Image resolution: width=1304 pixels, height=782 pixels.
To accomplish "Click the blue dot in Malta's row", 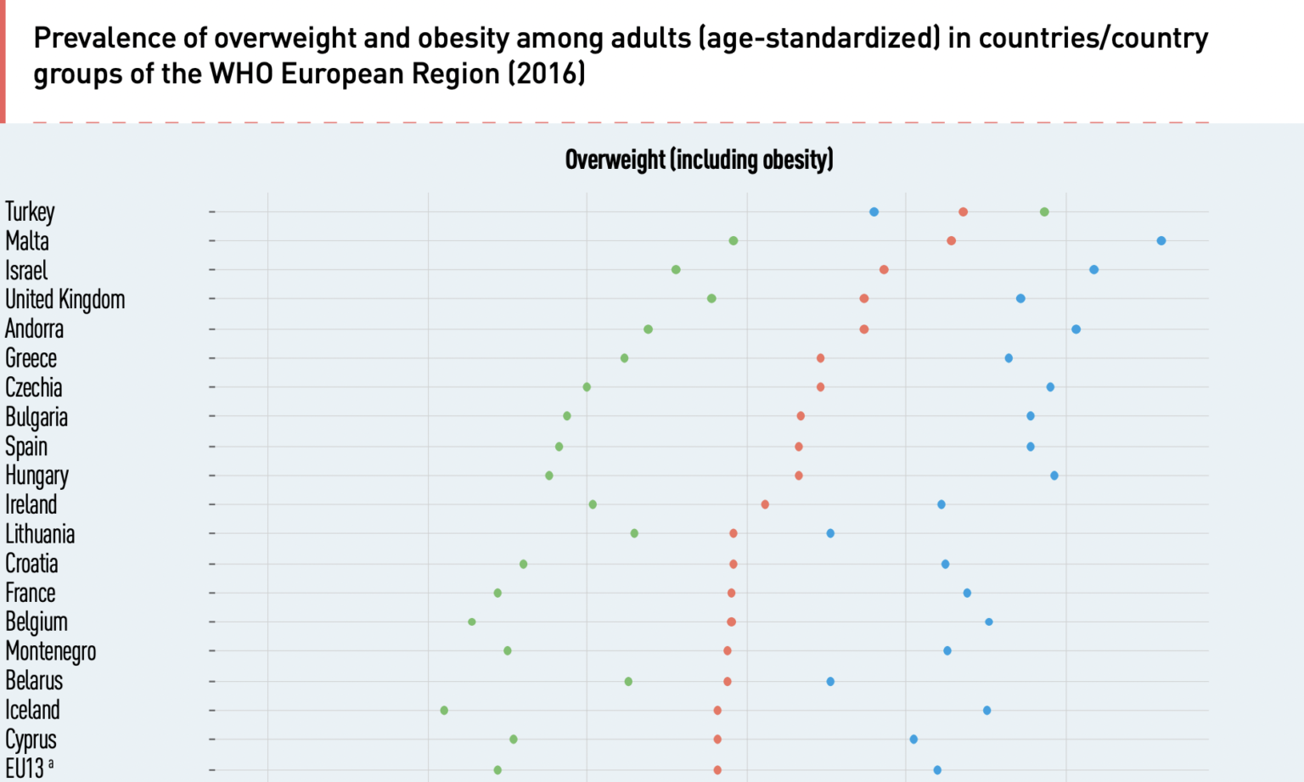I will point(1161,241).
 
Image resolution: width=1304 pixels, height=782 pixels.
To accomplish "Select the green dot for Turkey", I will point(1044,212).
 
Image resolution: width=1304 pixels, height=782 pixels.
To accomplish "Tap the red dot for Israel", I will point(884,270).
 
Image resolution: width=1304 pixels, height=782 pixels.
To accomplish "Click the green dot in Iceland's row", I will point(444,711).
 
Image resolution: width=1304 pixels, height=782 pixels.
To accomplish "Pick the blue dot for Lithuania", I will point(830,534).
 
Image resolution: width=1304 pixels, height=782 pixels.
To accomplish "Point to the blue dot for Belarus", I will point(830,682).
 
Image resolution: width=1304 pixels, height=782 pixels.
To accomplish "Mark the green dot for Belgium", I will point(472,622).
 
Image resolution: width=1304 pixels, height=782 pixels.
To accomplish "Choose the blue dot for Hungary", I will point(1054,476).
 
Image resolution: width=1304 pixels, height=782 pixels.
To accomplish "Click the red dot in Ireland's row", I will point(765,505).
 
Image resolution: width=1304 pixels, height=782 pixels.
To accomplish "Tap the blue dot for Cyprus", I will point(913,740).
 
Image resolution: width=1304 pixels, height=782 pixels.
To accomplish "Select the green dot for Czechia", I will point(587,387).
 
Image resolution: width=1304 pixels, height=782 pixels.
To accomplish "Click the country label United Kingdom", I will point(65,300).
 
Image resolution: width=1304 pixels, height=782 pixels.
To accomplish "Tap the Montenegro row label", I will point(51,651).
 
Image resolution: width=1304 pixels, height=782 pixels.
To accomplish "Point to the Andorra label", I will point(35,329).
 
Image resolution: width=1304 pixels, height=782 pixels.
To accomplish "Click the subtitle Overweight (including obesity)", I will point(699,160).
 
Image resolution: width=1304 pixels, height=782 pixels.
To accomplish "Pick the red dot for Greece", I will point(820,358).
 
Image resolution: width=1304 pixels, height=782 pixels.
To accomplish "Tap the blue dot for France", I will point(967,594).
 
